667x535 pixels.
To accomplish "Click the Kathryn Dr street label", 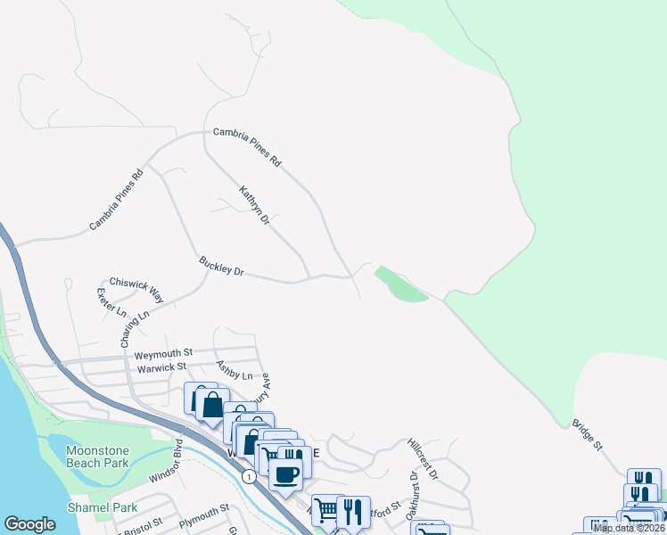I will pyautogui.click(x=254, y=204).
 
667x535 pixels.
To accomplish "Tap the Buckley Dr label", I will pyautogui.click(x=221, y=267).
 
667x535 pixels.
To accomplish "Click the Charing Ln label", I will pyautogui.click(x=133, y=327).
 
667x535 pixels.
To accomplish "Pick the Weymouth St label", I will pyautogui.click(x=163, y=354).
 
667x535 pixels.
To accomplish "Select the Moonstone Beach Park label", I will pyautogui.click(x=97, y=457).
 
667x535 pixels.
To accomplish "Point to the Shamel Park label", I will pyautogui.click(x=103, y=507).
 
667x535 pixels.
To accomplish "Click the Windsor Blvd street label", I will pyautogui.click(x=165, y=461).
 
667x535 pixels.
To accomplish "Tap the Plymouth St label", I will pyautogui.click(x=203, y=513).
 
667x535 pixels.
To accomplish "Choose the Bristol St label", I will pyautogui.click(x=142, y=525).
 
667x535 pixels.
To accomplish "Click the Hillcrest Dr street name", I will pyautogui.click(x=423, y=457).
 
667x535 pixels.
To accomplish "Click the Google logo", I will pyautogui.click(x=29, y=524).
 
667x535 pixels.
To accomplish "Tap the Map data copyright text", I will pyautogui.click(x=629, y=528).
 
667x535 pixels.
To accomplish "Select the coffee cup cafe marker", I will pyautogui.click(x=286, y=475).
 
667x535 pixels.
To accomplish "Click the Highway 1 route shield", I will pyautogui.click(x=248, y=477).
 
